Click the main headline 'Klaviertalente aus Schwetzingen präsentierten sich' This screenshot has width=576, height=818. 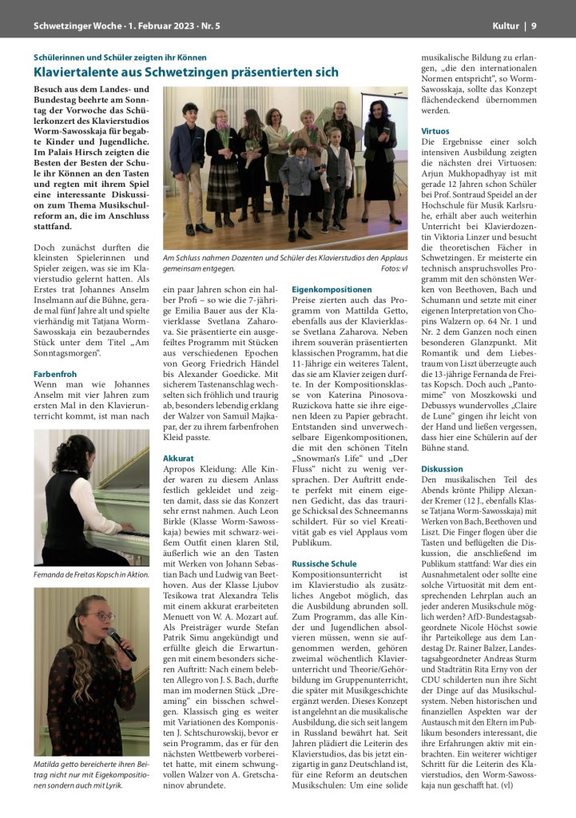click(x=186, y=72)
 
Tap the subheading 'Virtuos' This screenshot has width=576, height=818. click(x=435, y=130)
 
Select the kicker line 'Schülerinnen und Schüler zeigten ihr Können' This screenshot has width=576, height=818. click(x=120, y=58)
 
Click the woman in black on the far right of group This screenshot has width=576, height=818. click(x=379, y=152)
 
